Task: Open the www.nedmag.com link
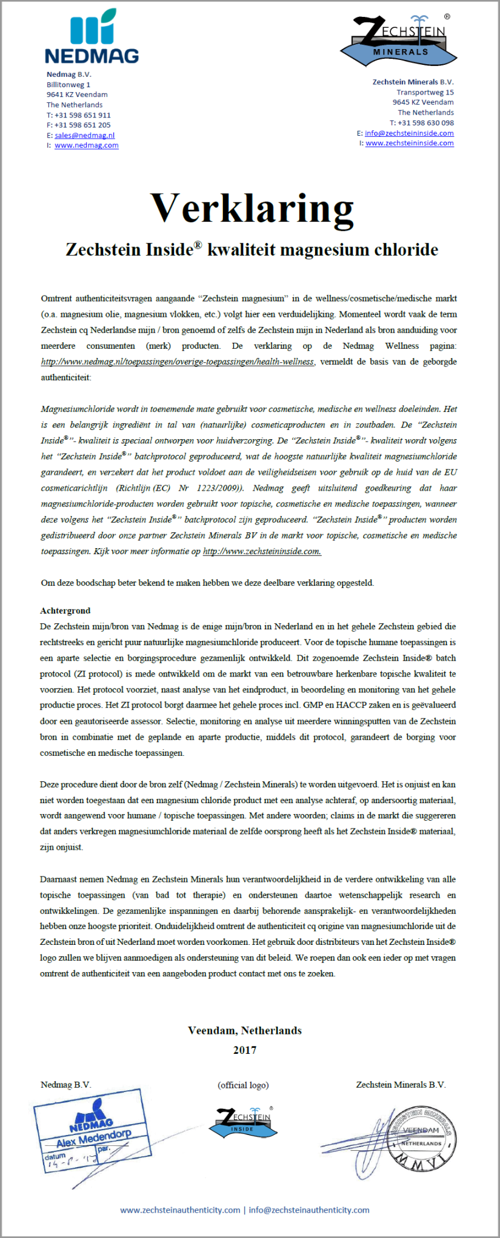click(x=86, y=145)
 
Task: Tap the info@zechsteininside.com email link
click(x=409, y=133)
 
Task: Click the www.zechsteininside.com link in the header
click(x=409, y=144)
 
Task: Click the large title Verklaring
click(x=252, y=208)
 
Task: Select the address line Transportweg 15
click(x=425, y=93)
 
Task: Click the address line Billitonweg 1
click(x=68, y=85)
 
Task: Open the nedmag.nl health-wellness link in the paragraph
click(x=178, y=362)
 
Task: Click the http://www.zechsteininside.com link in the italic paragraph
click(x=262, y=551)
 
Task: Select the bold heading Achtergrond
click(x=65, y=611)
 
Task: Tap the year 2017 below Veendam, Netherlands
click(x=245, y=1050)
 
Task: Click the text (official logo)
click(x=243, y=1085)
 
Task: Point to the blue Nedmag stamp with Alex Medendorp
click(x=92, y=1130)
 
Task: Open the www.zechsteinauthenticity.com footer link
click(x=180, y=1210)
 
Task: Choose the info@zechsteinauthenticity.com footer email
click(x=309, y=1210)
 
